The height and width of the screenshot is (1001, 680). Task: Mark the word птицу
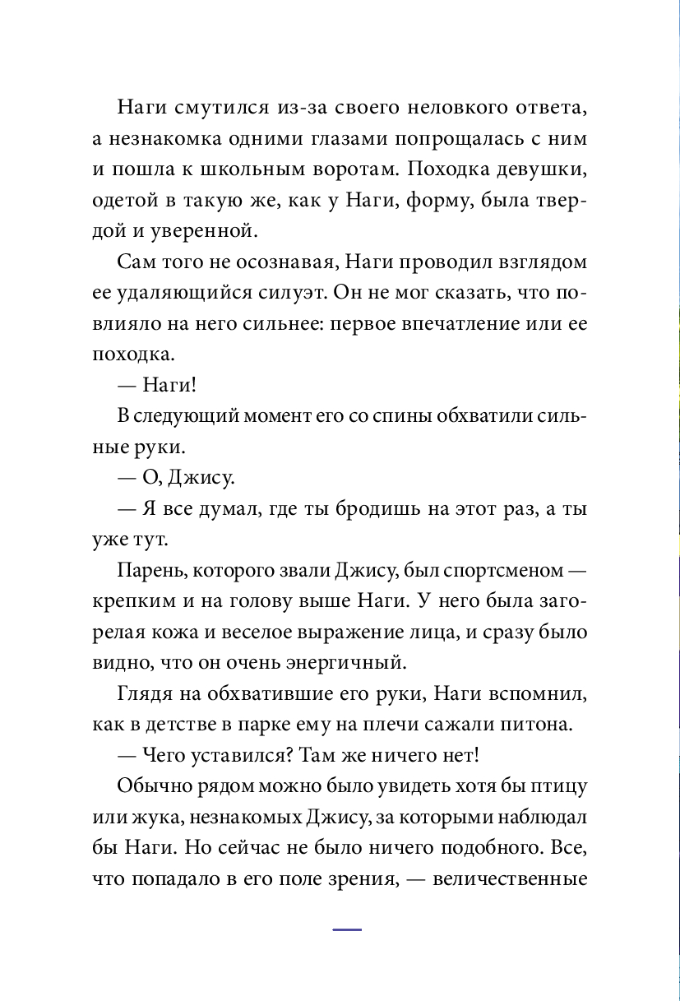coord(556,786)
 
